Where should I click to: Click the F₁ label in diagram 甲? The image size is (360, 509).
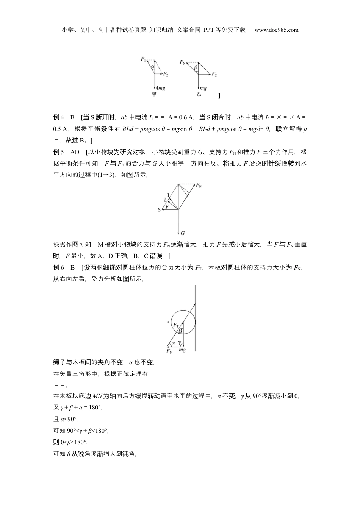pos(143,59)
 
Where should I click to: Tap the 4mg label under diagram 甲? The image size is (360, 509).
pos(160,88)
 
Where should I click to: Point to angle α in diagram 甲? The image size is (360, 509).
pos(152,67)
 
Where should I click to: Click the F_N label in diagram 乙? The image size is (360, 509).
pos(183,62)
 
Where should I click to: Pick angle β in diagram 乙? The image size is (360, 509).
pos(196,68)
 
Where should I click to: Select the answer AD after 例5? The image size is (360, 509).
pos(75,152)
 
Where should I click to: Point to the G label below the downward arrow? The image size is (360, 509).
pos(183,233)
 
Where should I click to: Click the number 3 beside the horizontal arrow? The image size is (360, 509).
pos(159,210)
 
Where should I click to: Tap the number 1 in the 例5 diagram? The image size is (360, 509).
pos(168,195)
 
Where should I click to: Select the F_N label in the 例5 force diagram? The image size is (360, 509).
pos(199,185)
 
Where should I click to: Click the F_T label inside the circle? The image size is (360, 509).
pos(176,325)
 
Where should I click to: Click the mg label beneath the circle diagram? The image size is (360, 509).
pos(182,350)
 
